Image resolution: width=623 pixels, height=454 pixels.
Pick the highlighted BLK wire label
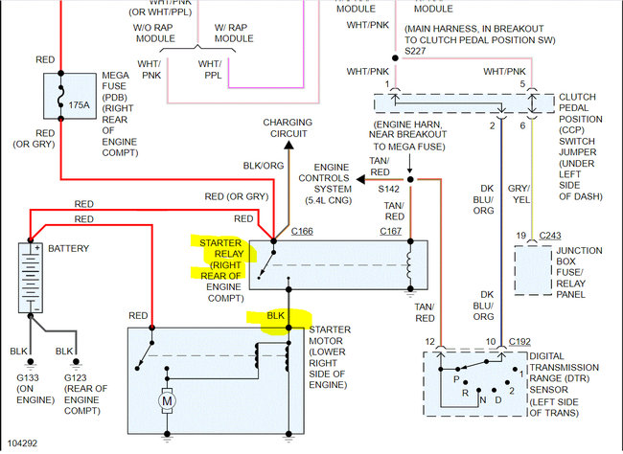coord(275,315)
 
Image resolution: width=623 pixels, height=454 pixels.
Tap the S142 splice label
coord(388,190)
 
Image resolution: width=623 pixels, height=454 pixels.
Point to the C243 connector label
coord(548,236)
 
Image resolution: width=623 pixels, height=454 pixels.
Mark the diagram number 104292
coord(24,444)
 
